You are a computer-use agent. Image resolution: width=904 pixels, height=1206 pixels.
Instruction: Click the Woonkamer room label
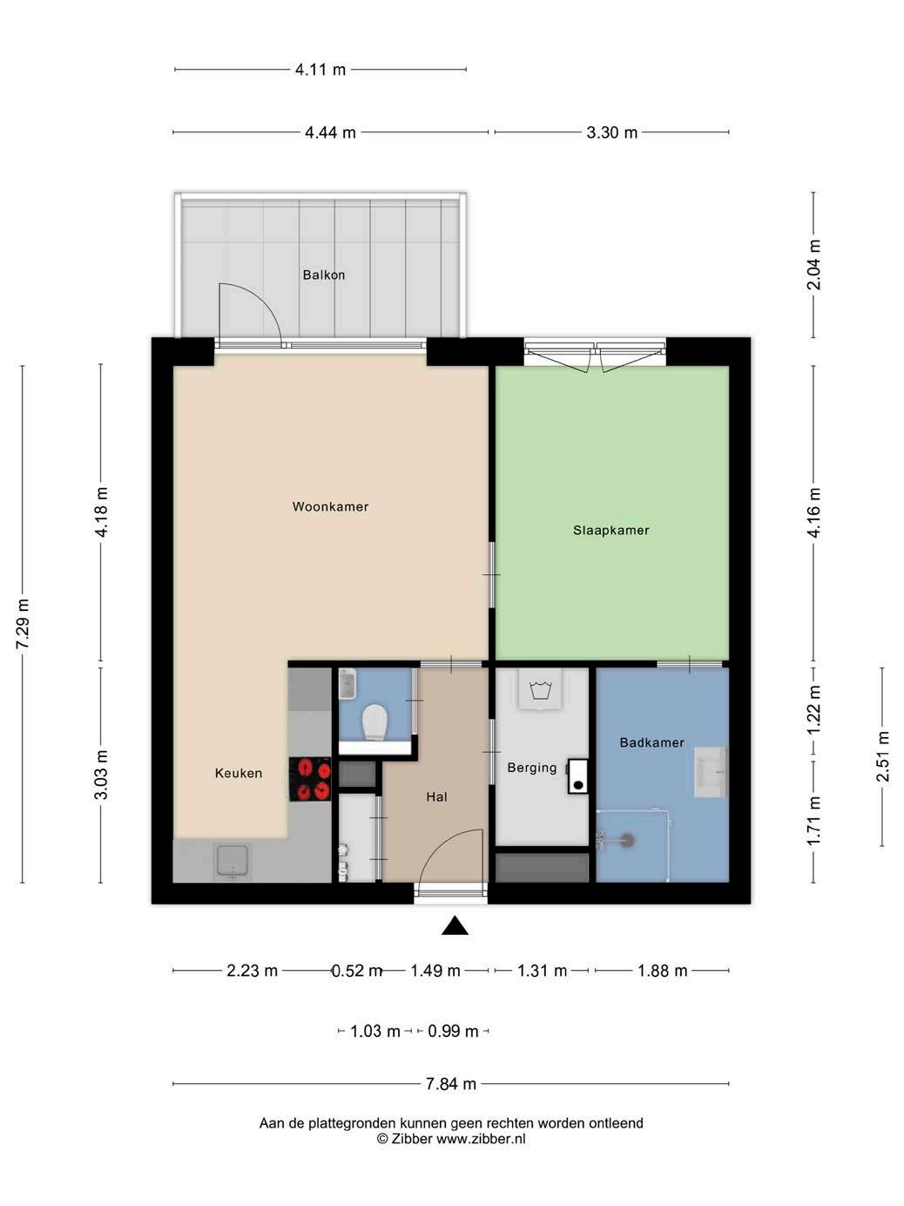click(x=330, y=506)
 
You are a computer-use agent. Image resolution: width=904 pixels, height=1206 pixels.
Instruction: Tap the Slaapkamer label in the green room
click(x=611, y=530)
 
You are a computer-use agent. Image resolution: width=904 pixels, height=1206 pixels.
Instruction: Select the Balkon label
click(x=324, y=274)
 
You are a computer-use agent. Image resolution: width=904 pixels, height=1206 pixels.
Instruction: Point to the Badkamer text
click(x=651, y=742)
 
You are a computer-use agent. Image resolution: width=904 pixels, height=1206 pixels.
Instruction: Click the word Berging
click(x=532, y=768)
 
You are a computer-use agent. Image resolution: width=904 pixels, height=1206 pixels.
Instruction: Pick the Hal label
click(x=437, y=797)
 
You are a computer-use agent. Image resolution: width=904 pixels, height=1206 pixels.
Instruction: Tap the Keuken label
click(x=239, y=774)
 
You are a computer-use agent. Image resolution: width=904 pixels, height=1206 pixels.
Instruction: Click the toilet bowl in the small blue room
click(x=375, y=722)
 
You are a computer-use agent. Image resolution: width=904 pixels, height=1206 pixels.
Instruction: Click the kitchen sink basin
click(x=233, y=860)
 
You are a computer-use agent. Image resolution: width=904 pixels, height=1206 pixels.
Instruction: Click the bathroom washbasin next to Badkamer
click(x=711, y=772)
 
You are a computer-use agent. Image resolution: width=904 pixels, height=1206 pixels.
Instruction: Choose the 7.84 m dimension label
click(x=450, y=1084)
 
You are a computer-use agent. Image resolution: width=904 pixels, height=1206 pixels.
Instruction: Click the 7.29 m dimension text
click(x=23, y=624)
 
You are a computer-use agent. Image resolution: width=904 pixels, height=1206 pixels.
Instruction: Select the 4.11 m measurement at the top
click(x=320, y=70)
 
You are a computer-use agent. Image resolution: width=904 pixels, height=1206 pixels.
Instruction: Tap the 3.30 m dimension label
click(x=612, y=132)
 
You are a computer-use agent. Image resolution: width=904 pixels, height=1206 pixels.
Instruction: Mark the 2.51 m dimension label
click(x=882, y=756)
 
